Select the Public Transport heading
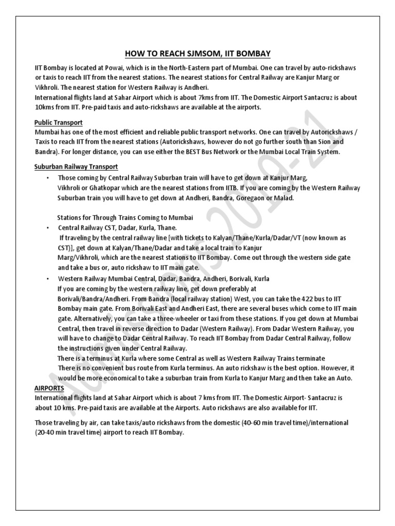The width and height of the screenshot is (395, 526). click(59, 122)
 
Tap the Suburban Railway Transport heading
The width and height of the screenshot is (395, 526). click(76, 166)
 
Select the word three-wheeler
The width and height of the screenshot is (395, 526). click(159, 318)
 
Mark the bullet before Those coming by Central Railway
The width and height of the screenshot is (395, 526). click(48, 178)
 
